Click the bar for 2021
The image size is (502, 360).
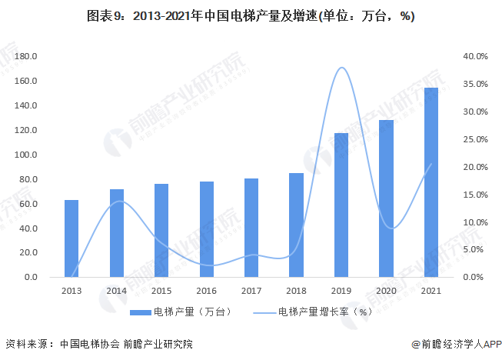pyautogui.click(x=431, y=182)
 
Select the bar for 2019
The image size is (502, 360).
pyautogui.click(x=341, y=205)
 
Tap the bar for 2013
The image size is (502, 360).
pyautogui.click(x=71, y=238)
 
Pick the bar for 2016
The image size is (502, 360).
pyautogui.click(x=207, y=229)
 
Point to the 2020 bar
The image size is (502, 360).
pyautogui.click(x=387, y=198)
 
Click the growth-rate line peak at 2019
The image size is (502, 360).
pyautogui.click(x=341, y=68)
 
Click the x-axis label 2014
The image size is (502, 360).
pyautogui.click(x=117, y=290)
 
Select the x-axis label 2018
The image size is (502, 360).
pyautogui.click(x=297, y=290)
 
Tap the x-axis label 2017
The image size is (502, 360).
pyautogui.click(x=251, y=290)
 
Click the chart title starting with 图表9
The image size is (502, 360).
pyautogui.click(x=251, y=15)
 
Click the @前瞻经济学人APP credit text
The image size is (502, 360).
pyautogui.click(x=455, y=345)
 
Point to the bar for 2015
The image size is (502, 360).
pyautogui.click(x=161, y=230)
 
